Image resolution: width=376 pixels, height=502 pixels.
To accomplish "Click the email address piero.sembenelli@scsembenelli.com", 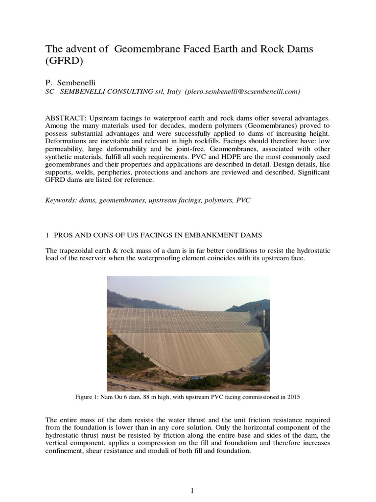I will point(243,91).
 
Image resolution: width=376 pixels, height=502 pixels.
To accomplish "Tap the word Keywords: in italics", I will point(62,201).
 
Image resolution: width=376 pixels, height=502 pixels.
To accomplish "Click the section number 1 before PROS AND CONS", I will point(47,236).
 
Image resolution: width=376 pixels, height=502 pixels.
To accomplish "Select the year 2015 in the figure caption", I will point(293,398).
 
